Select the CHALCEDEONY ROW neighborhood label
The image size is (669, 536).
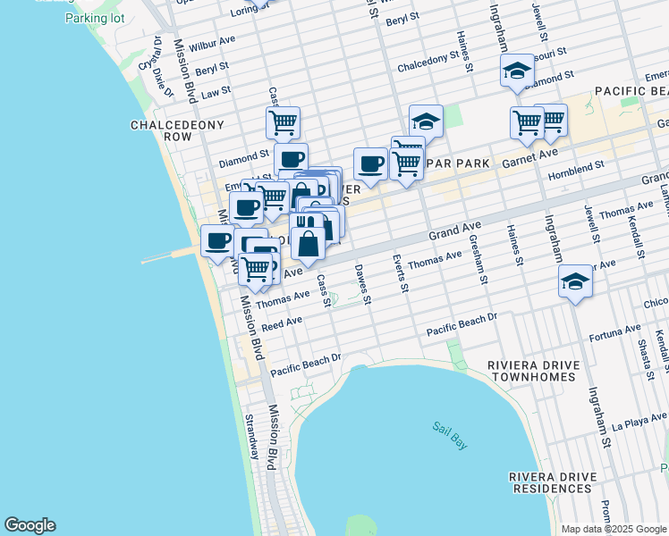click(164, 130)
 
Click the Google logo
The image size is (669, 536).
click(30, 525)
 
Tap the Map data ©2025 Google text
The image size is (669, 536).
click(614, 529)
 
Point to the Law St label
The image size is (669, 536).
click(216, 91)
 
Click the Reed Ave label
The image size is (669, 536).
click(282, 322)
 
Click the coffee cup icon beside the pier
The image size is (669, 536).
click(217, 240)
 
